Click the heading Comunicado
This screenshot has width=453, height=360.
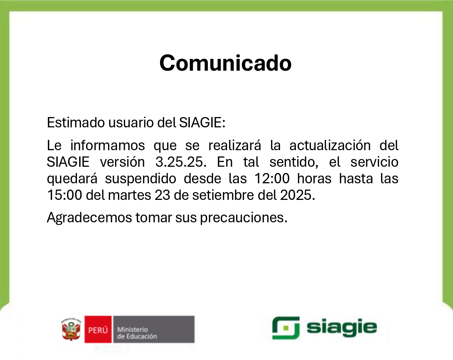point(226,63)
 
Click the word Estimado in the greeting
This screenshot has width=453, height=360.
point(76,122)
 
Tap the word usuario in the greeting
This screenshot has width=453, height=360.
point(131,122)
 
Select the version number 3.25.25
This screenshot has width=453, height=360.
point(181,162)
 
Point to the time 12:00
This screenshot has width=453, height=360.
point(272,179)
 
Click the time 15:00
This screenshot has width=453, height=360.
point(64,195)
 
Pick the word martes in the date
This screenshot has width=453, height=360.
point(130,195)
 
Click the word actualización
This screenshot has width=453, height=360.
point(330,145)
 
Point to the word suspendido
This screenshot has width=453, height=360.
point(141,179)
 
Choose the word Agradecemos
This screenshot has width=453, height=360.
point(89,217)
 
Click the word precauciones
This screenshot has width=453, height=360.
point(244,218)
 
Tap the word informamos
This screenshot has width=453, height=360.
point(107,145)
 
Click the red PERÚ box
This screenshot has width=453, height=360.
point(98,329)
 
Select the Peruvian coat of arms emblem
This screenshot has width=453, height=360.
point(71,329)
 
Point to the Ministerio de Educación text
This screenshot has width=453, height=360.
point(137,333)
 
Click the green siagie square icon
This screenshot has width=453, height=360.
point(286,328)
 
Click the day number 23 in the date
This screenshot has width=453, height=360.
point(162,195)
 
